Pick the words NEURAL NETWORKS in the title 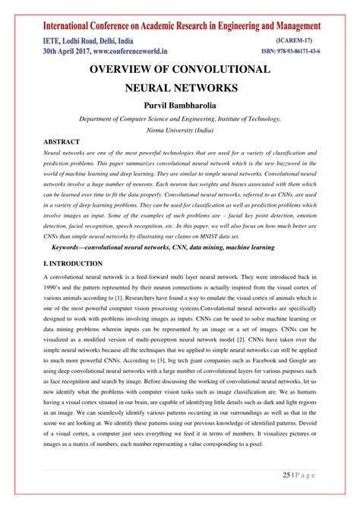pyautogui.click(x=180, y=87)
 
